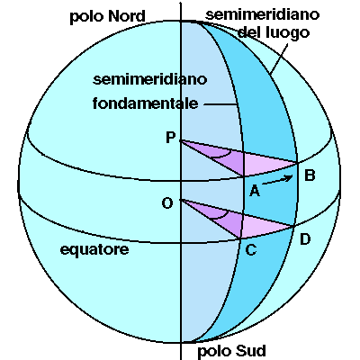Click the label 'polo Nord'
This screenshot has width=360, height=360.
click(x=107, y=17)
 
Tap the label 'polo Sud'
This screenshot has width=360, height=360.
click(x=231, y=351)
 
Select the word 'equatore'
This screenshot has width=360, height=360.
click(x=94, y=249)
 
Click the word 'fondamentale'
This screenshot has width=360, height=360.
click(x=146, y=103)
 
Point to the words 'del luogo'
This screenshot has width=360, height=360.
click(x=274, y=32)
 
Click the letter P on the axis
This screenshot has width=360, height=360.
click(x=171, y=138)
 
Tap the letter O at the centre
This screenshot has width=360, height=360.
click(x=167, y=203)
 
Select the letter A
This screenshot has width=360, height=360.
click(x=255, y=190)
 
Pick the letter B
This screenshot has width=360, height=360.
click(x=310, y=175)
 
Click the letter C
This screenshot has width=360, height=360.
click(x=251, y=249)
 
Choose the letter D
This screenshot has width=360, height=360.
click(x=305, y=239)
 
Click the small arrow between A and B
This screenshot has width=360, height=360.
click(x=277, y=179)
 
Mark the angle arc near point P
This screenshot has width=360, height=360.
click(x=222, y=155)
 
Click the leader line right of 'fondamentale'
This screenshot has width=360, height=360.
click(x=220, y=104)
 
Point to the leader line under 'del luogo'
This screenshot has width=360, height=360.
click(x=279, y=58)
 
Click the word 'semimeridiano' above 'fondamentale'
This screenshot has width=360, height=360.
click(x=150, y=80)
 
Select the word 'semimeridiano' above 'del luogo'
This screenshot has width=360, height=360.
click(x=263, y=14)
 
